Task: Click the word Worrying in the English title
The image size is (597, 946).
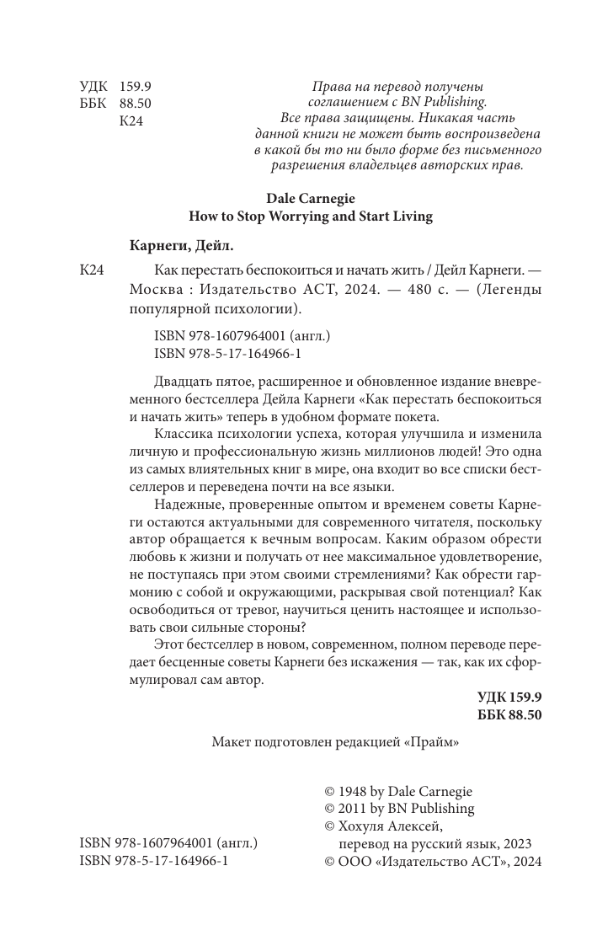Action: (291, 216)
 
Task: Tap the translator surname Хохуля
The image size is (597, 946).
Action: (366, 826)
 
